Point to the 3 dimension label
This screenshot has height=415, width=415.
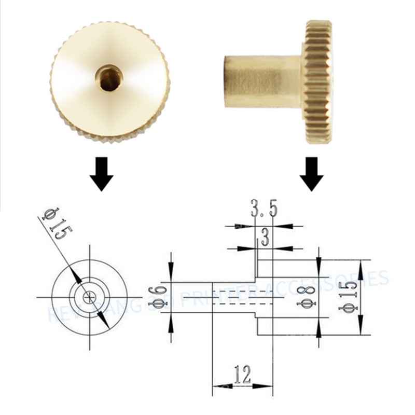coord(265,238)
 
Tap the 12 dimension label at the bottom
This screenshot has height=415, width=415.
coord(242,374)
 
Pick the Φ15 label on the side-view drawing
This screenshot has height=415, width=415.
coord(348,297)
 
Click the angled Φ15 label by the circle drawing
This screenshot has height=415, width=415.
coord(56,224)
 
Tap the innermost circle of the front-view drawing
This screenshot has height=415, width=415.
coord(90,297)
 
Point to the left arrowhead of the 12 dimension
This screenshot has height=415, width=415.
coord(218,386)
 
